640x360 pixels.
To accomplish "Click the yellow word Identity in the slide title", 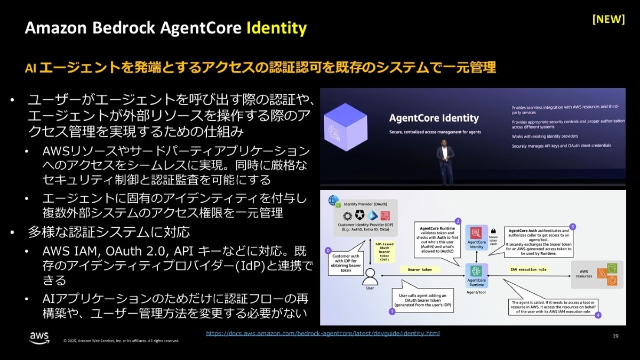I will (276, 28).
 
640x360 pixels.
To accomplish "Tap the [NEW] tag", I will (609, 19).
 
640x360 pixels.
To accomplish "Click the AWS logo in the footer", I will (39, 338).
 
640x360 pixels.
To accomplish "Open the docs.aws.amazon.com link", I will (323, 333).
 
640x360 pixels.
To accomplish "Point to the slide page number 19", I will (615, 336).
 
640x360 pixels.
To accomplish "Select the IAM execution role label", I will (528, 270).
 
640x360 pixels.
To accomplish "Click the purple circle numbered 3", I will (572, 226).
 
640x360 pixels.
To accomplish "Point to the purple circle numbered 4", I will (598, 315).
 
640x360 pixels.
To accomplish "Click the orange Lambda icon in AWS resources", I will (602, 274).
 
